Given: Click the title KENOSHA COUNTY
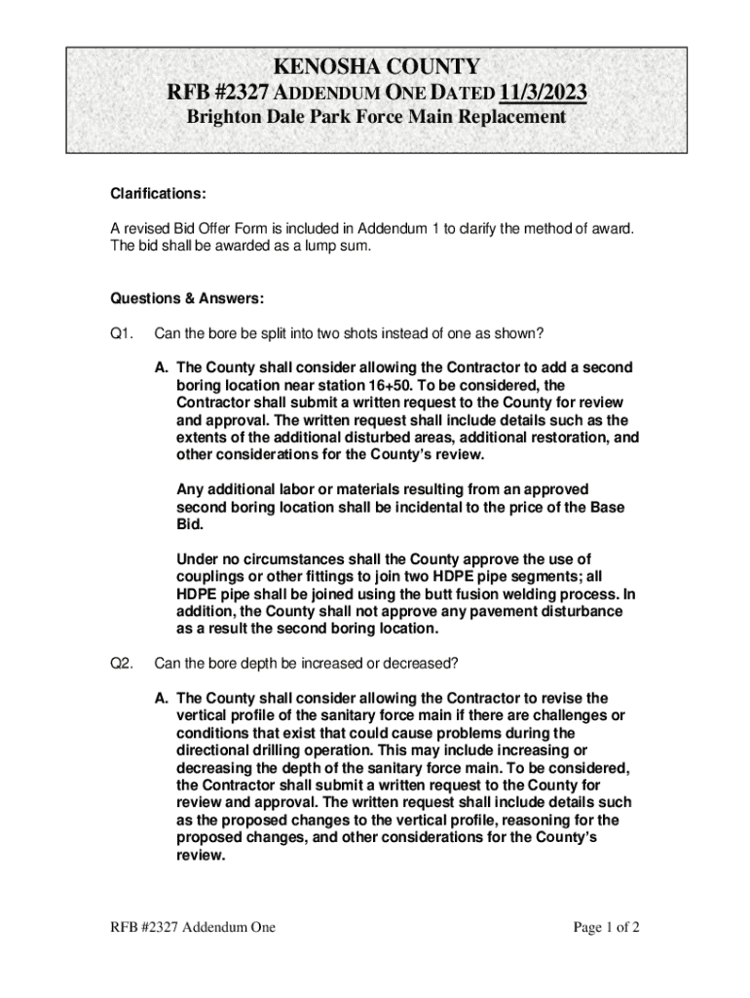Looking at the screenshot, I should pos(376,67).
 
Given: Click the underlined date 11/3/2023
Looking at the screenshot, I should pos(543,94).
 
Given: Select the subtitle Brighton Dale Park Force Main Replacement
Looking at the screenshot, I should pos(376,118).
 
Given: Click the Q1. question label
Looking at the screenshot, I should pos(122,333).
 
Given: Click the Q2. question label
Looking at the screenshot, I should pos(122,663).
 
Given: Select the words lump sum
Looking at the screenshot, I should pos(345,246).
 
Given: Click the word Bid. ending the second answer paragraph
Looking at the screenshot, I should pos(190,523).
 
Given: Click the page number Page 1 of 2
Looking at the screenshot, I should pos(606,927).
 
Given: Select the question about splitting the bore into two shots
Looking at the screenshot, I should pos(349,333).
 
